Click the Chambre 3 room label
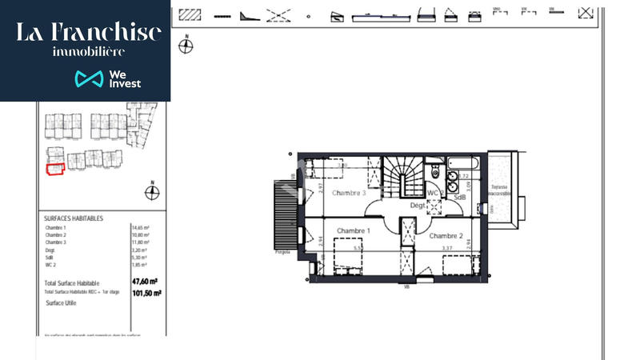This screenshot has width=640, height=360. tap(349, 193)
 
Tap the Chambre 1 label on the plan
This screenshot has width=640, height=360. tap(353, 230)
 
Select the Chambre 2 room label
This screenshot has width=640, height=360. tap(446, 235)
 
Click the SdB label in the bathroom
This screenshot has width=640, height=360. tap(460, 197)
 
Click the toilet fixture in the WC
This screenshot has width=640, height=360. tap(434, 171)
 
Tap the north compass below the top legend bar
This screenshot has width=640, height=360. tap(186, 46)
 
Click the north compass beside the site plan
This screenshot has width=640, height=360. tap(151, 192)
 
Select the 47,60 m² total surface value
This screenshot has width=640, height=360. tap(145, 282)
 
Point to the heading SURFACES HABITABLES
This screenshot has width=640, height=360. tap(74, 218)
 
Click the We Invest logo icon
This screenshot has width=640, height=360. tap(90, 78)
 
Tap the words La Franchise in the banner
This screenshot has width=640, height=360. tap(89, 32)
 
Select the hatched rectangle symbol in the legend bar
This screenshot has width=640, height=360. tap(190, 14)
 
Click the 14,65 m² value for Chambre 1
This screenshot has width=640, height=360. tap(141, 228)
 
